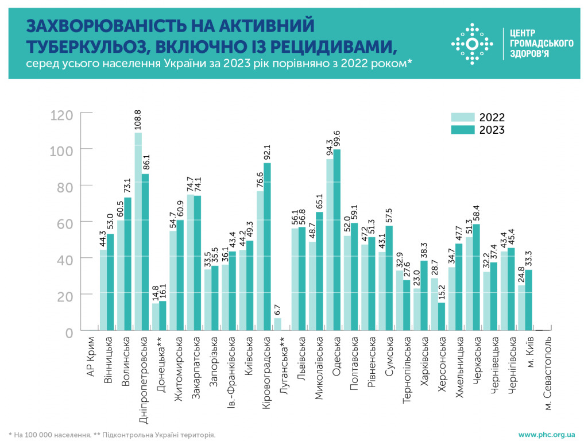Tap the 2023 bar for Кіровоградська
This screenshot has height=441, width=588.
point(267,246)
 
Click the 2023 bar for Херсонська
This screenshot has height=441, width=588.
point(441,316)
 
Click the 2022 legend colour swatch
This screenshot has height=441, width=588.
point(463,117)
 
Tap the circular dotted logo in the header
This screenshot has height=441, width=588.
point(472,44)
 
